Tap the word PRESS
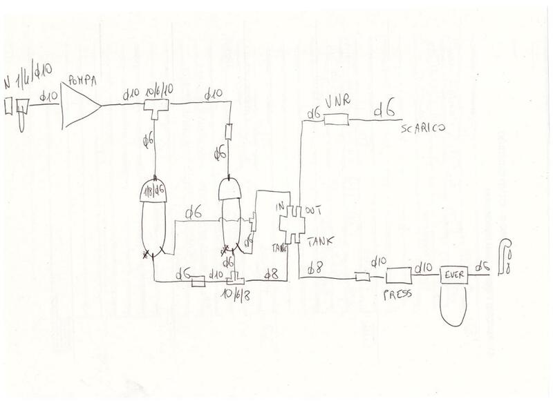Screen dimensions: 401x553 coord(396,293)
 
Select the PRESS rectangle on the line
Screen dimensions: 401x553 coord(397,277)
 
